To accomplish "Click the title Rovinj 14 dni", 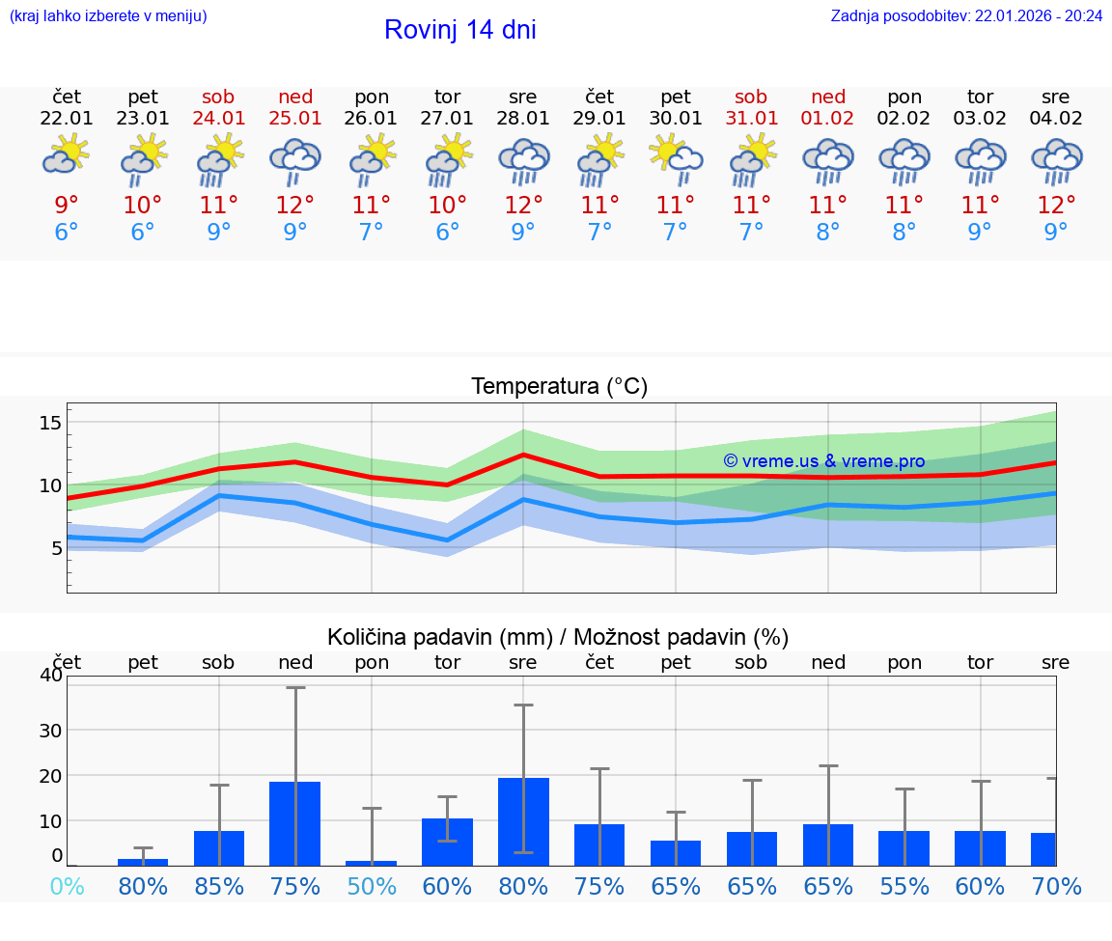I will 459,30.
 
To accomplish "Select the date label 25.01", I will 295,119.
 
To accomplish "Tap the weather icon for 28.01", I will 523,162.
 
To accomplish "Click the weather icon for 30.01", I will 676,160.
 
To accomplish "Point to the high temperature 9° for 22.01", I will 67,206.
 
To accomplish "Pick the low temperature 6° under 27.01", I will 447,233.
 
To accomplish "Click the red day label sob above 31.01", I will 751,97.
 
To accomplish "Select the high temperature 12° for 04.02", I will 1056,206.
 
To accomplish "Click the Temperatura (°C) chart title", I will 559,387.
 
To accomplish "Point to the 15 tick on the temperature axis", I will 50,423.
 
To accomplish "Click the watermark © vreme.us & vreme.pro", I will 823,461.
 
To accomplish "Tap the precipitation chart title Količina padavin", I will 558,637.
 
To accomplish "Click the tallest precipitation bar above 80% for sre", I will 523,821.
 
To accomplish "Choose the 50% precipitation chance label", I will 372,887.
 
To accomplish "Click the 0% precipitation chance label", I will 67,887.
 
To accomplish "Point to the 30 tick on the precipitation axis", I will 50,730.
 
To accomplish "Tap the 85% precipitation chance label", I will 219,887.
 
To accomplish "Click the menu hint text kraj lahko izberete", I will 108,16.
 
